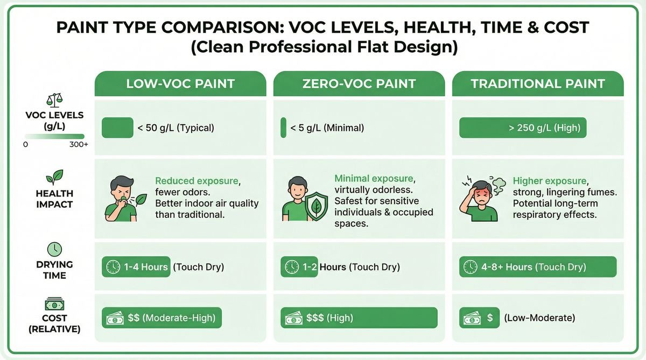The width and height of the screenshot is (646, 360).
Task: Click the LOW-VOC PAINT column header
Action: click(x=180, y=84)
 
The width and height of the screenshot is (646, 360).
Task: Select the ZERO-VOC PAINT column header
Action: click(x=359, y=84)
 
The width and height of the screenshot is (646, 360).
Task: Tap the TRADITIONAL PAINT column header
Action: click(x=538, y=84)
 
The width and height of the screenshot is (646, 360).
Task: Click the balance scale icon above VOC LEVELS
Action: click(x=54, y=100)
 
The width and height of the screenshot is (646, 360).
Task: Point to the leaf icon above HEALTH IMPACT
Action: click(x=54, y=177)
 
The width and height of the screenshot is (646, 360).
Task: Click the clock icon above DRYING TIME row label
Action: click(x=54, y=249)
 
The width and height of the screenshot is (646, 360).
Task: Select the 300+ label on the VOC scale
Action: click(x=79, y=145)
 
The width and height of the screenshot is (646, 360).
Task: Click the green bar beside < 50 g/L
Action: click(x=117, y=128)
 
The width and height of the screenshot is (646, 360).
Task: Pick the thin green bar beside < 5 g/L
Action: click(x=283, y=128)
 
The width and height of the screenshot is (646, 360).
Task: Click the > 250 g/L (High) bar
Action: click(x=522, y=128)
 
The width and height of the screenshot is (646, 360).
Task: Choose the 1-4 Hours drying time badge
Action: click(x=136, y=267)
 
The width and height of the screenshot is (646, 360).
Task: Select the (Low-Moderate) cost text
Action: click(x=539, y=318)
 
